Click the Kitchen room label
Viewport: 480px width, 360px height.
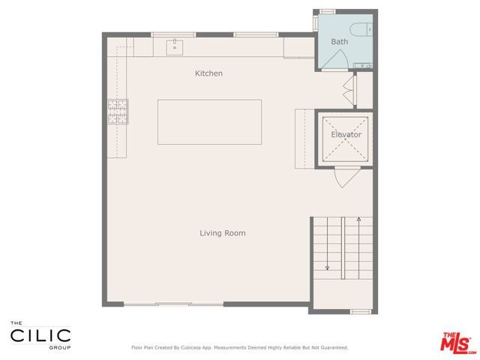pos(208,73)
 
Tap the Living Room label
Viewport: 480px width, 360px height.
pos(222,233)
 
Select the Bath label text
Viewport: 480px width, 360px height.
pos(340,42)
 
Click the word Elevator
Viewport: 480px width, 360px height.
pos(346,135)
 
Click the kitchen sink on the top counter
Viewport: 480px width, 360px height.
pos(174,47)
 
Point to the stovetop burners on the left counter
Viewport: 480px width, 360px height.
pos(118,111)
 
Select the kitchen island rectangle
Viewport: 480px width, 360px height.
pos(209,121)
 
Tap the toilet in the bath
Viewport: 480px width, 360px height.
pos(361,29)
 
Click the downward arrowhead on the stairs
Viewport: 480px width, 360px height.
pos(328,266)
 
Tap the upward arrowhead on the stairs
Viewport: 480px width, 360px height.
pos(359,220)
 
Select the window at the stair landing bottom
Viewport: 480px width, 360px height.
pos(361,311)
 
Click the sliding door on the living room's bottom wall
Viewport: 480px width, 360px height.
pos(173,304)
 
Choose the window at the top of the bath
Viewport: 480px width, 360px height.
pos(327,11)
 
